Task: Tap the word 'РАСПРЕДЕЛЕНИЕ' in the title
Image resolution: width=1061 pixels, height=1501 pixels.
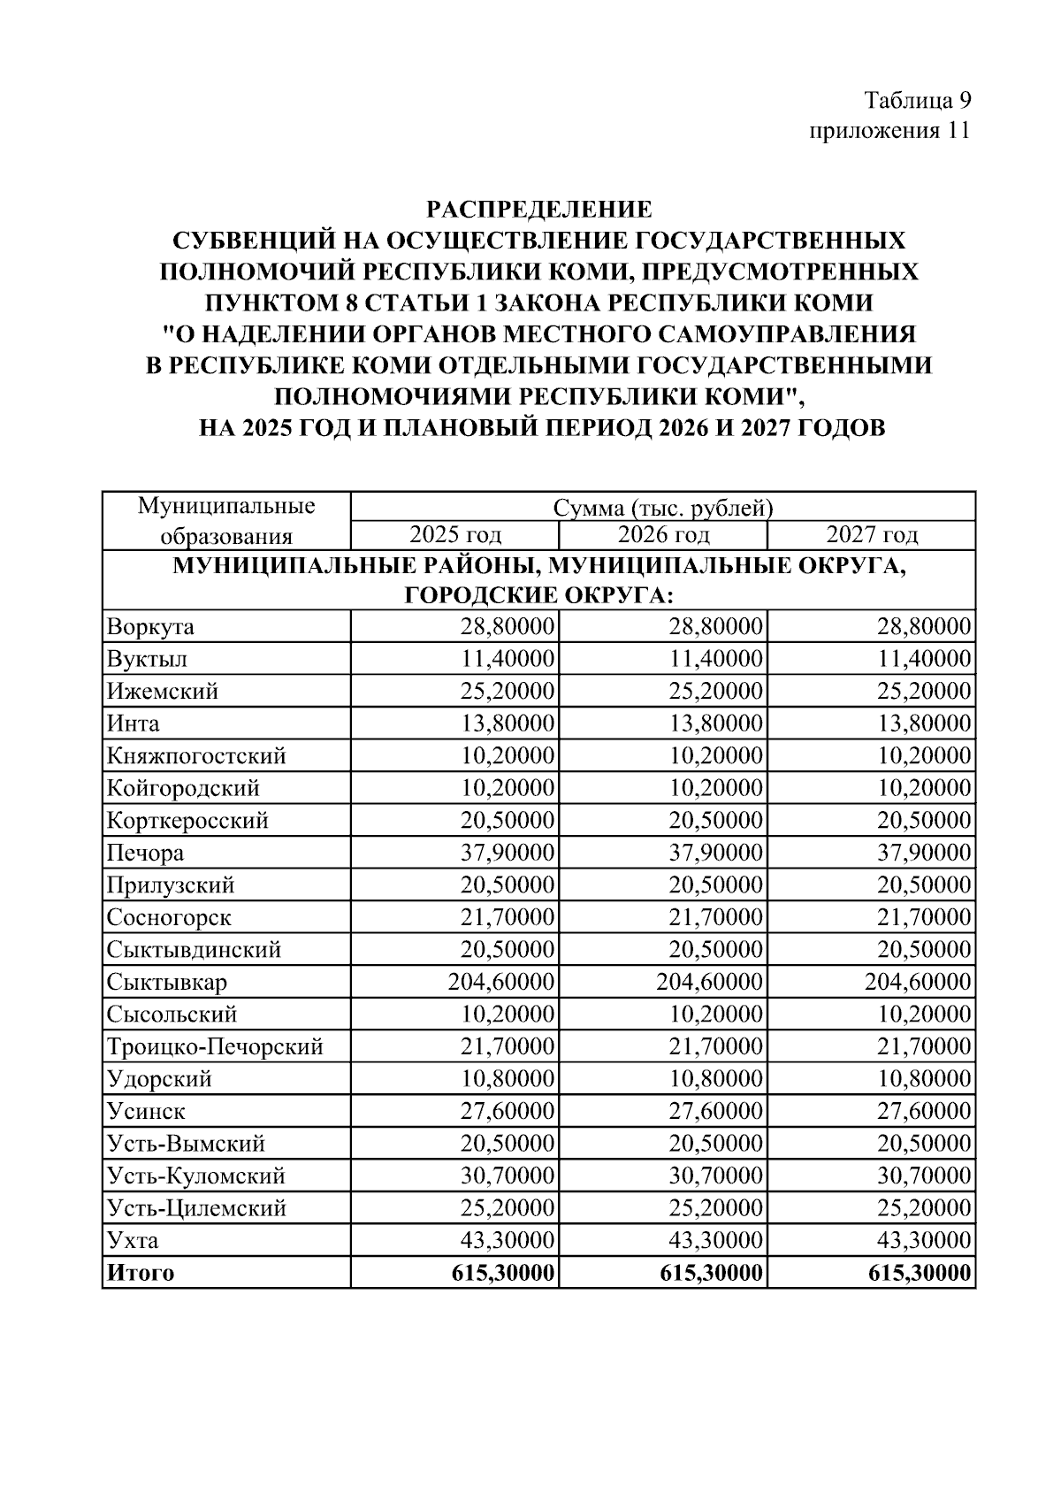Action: [539, 210]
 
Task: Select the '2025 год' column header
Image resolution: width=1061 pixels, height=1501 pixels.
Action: [454, 535]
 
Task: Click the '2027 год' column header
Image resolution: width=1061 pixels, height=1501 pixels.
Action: [871, 535]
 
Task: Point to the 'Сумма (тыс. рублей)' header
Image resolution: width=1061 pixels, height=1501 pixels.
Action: [662, 508]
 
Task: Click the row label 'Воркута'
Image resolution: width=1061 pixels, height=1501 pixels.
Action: [150, 627]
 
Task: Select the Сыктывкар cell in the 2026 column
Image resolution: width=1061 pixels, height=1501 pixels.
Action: [709, 982]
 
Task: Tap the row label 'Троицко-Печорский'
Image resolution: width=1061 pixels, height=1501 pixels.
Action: [215, 1047]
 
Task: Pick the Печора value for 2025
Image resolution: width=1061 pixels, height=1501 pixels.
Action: [507, 853]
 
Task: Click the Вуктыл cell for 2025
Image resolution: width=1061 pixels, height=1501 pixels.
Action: [507, 659]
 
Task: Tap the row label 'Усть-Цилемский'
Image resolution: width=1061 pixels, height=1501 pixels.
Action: [196, 1208]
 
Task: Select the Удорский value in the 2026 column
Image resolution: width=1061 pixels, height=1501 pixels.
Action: [715, 1079]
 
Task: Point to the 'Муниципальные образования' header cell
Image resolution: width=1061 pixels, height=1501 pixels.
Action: [226, 521]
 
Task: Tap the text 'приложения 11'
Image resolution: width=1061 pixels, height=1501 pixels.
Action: [889, 131]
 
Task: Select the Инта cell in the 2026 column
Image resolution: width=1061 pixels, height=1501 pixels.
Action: [715, 724]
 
